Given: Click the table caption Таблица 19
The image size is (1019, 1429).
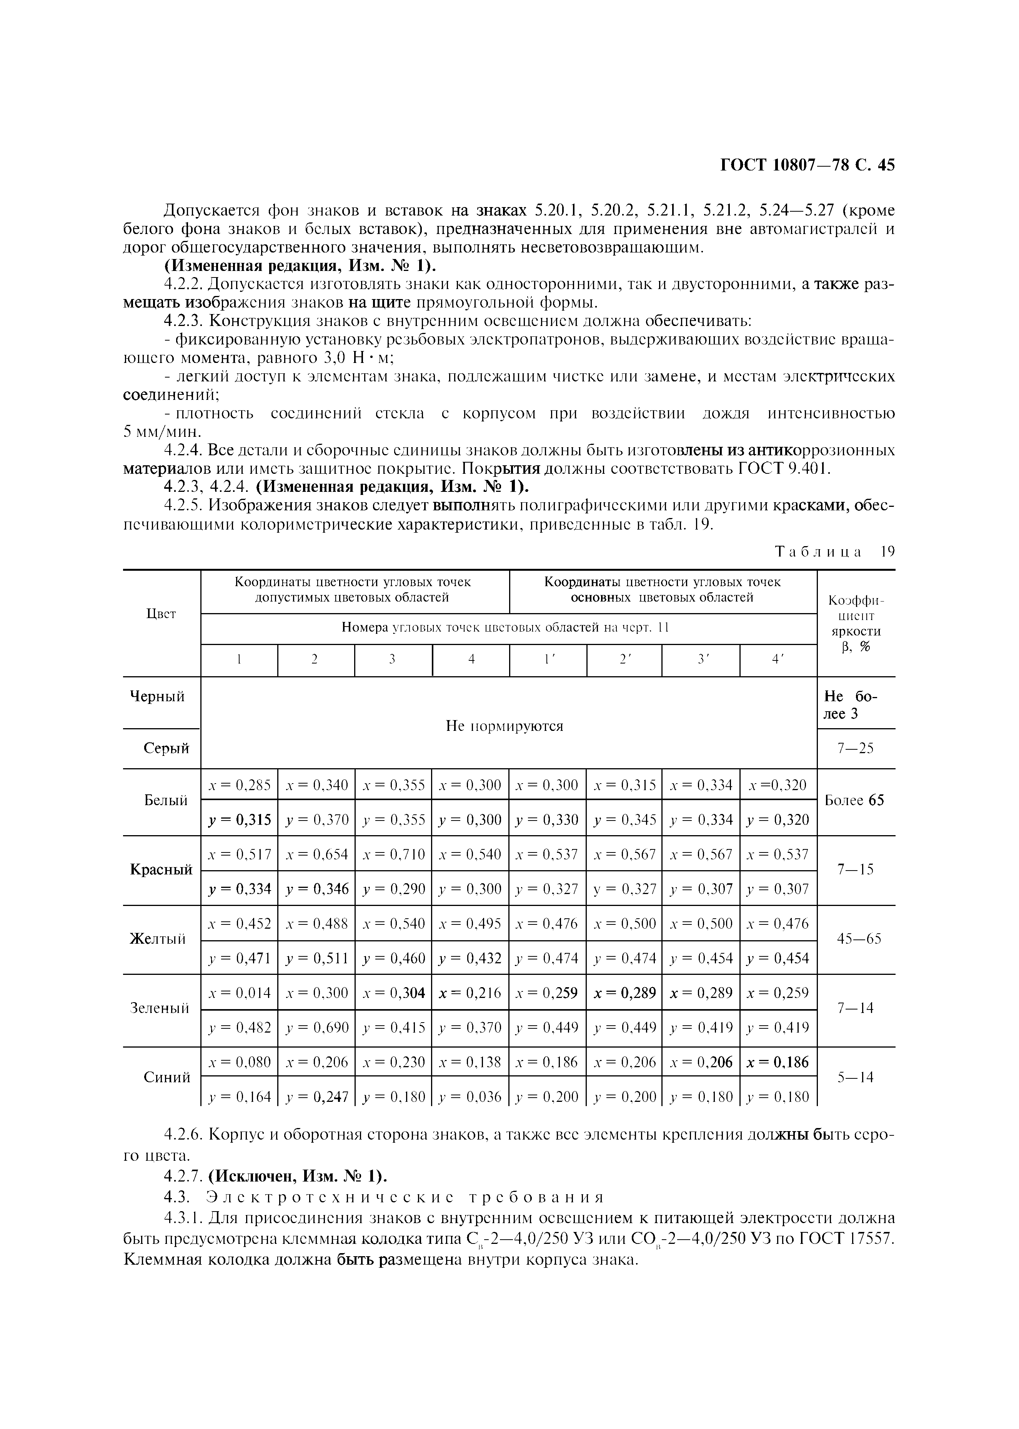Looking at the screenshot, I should click(834, 552).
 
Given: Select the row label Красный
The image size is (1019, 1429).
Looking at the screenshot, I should click(161, 870).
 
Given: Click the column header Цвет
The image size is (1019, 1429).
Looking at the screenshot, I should click(161, 614).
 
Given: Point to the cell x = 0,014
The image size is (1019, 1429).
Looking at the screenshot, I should click(239, 993).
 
